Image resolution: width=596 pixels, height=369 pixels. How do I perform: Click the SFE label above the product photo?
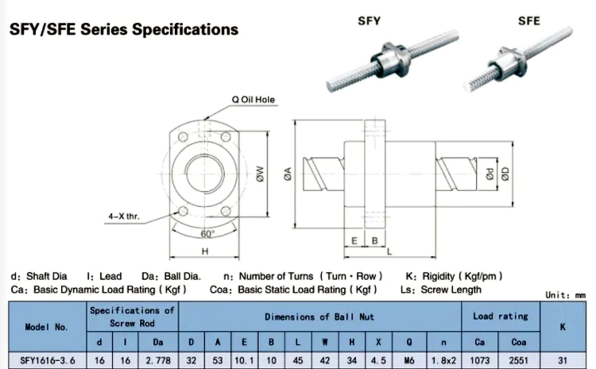529,21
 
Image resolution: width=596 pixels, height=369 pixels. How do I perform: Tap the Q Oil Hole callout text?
253,100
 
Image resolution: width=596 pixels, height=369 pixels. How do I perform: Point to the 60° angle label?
207,234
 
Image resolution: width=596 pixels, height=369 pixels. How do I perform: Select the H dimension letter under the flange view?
205,252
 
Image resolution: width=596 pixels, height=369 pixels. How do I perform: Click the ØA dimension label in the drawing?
288,174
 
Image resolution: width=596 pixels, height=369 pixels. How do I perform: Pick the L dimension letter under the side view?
389,252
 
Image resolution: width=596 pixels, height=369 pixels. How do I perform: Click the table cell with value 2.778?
158,360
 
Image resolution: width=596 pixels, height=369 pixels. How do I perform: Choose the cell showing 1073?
480,360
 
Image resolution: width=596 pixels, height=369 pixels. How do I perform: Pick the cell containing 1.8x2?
444,360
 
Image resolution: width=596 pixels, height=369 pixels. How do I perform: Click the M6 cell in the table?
410,360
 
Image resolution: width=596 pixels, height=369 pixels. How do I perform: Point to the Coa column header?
519,342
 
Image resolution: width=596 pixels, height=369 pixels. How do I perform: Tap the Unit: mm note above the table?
565,295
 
